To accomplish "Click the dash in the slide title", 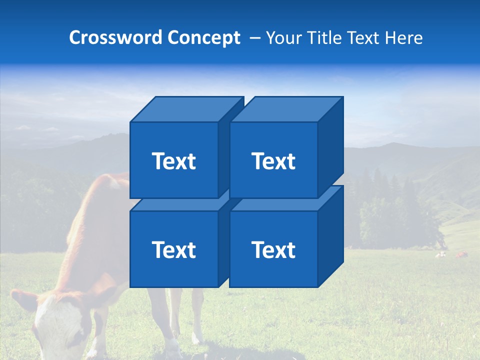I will (x=254, y=38).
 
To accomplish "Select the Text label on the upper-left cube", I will (x=173, y=161).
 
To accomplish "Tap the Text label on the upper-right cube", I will (x=273, y=161).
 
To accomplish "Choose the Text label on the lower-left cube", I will (x=173, y=249).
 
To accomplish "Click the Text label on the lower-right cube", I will (x=273, y=249).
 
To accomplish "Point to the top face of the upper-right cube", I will (x=285, y=109).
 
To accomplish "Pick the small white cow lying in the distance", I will (x=440, y=254).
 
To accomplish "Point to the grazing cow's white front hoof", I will (x=173, y=347).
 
